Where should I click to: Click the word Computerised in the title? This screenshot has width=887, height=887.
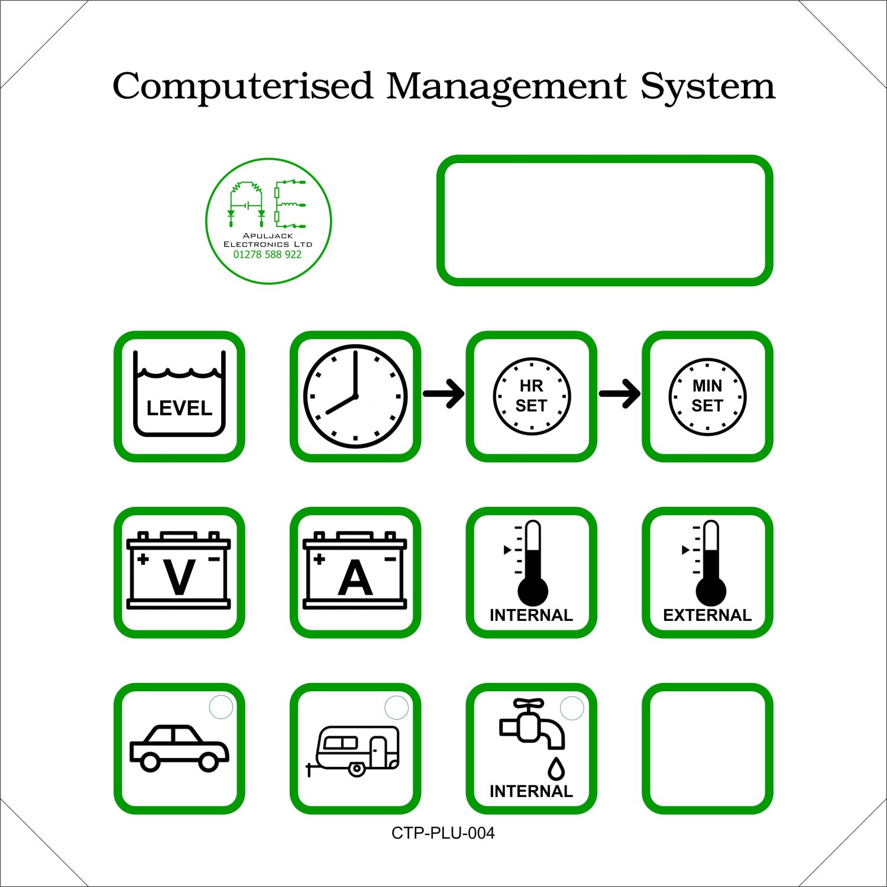point(242,87)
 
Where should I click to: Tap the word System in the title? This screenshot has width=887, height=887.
point(708,87)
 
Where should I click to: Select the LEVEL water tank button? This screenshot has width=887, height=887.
point(179,396)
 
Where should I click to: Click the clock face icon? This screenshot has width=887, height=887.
point(355,396)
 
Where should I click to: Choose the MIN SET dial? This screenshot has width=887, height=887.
point(707,396)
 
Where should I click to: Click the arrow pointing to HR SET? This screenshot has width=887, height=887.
point(444,393)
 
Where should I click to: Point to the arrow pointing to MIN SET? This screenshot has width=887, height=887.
point(620,393)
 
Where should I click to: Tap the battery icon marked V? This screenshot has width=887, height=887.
point(179,570)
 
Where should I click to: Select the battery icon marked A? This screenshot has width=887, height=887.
point(355,570)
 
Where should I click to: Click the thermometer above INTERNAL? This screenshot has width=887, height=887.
point(532,562)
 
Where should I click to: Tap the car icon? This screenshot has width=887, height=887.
point(179,749)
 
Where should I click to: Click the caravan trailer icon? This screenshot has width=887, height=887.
point(353,751)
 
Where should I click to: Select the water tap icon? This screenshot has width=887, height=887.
point(531,721)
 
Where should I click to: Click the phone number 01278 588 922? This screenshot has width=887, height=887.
point(267,254)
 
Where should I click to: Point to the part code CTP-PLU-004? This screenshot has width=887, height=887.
point(443,833)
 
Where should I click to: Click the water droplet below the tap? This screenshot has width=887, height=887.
point(556,768)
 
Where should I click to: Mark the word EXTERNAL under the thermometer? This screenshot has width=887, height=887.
point(707,615)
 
